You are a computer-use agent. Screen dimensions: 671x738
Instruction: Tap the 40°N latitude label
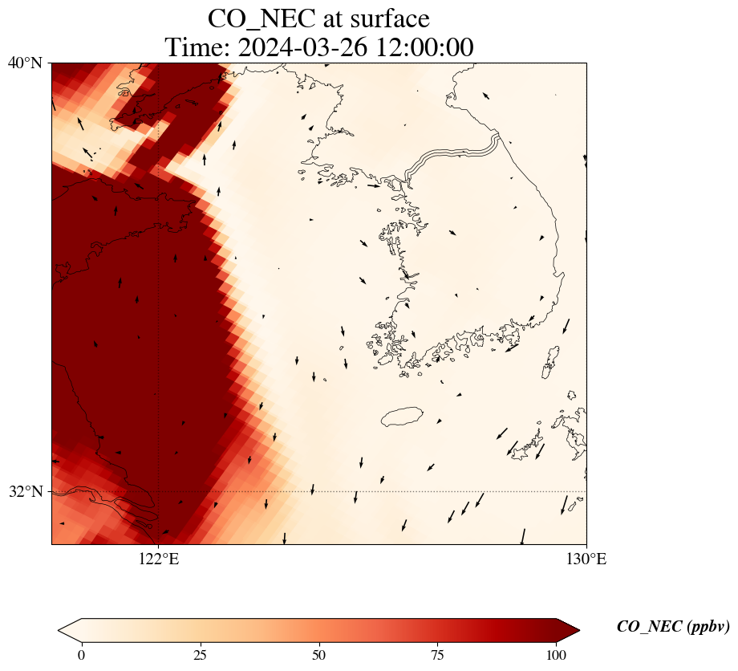tap(26, 63)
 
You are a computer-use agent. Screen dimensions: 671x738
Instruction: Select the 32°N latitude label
tap(26, 491)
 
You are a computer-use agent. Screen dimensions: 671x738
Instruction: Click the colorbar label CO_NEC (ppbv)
tap(673, 627)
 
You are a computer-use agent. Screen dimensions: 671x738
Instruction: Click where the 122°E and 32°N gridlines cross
tap(159, 491)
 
